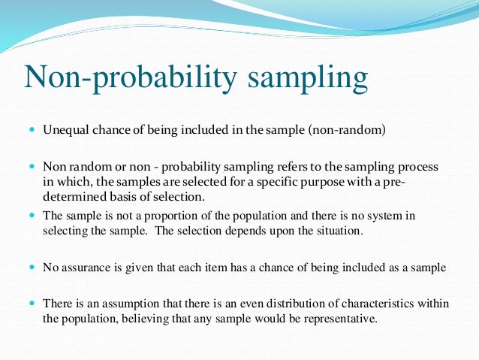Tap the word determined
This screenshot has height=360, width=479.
[x=71, y=197]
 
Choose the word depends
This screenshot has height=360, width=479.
[x=250, y=232]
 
